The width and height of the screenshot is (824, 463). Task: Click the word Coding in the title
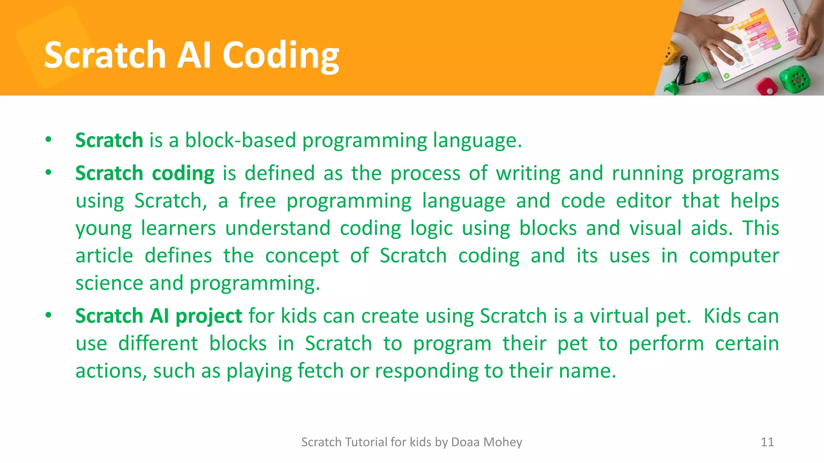pos(280,55)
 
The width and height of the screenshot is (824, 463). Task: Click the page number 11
pos(767,442)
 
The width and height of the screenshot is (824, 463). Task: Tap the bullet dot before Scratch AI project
pos(49,315)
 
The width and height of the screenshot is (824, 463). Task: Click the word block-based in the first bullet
pos(240,140)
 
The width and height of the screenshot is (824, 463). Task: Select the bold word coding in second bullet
pos(183,174)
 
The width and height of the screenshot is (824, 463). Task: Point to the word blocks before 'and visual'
pos(548,228)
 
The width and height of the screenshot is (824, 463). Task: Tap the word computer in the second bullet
pos(733,256)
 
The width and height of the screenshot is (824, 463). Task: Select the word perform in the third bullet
pos(666,344)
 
